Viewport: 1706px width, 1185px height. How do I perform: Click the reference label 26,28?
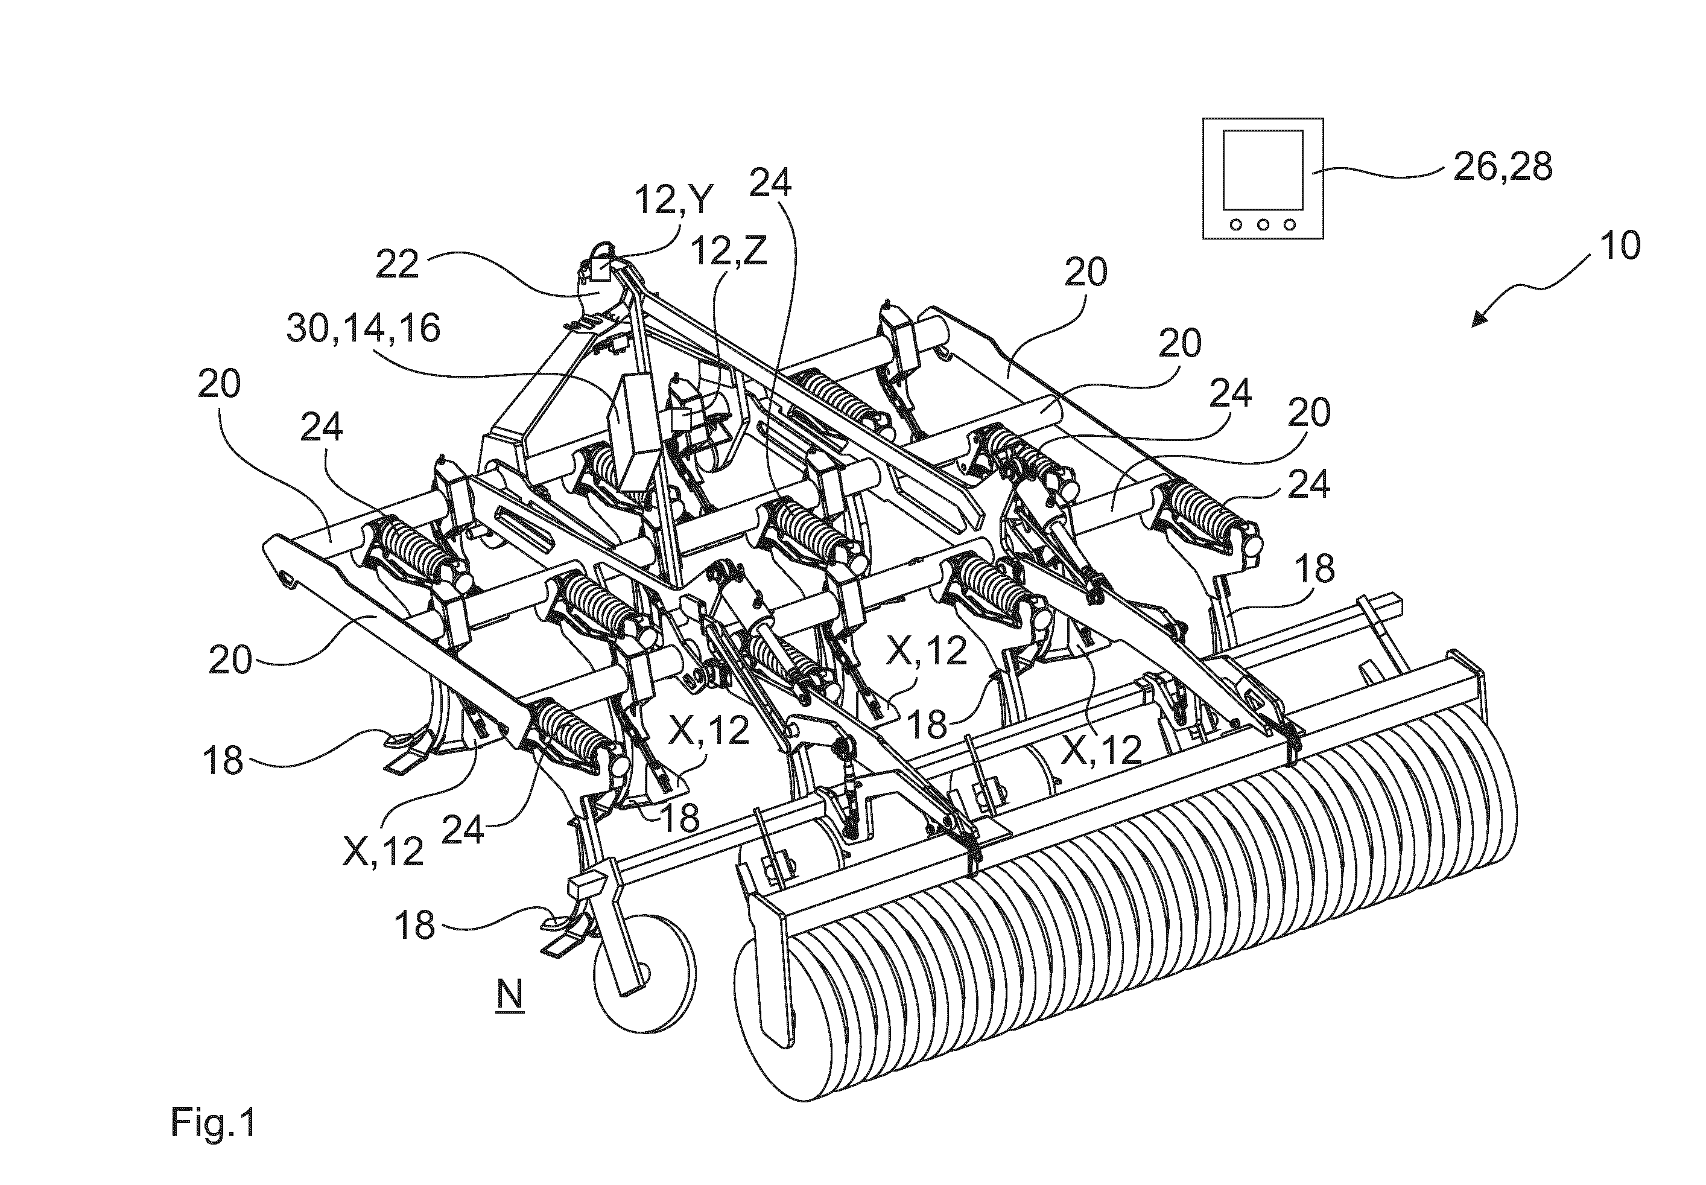point(1503,168)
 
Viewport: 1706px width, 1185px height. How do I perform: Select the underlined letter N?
point(510,995)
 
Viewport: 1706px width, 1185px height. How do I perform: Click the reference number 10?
point(1620,246)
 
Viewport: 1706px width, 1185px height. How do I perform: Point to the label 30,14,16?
point(364,328)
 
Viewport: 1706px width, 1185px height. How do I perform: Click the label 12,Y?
point(673,200)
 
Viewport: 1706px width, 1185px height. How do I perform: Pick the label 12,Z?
point(729,252)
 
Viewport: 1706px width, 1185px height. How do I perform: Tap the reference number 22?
point(397,264)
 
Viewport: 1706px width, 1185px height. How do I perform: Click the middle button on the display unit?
point(1262,223)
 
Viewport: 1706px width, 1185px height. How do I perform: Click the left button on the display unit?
point(1235,223)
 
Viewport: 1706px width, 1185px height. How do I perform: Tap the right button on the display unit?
point(1290,223)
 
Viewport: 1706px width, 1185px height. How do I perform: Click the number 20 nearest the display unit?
point(1085,273)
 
